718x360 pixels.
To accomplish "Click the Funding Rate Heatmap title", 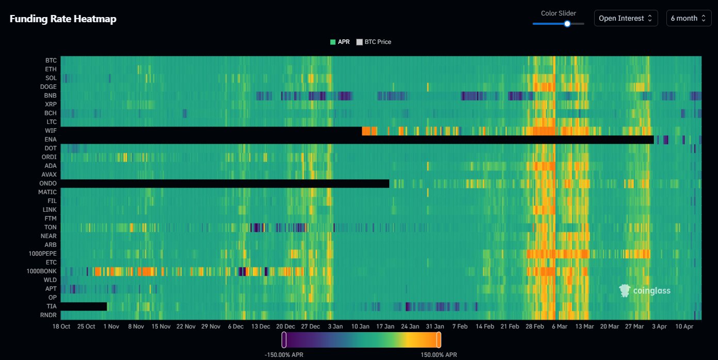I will coord(63,19).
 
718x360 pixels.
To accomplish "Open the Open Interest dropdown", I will coord(626,18).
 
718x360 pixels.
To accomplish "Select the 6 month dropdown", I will coord(689,18).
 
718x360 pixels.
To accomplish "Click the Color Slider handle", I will coord(567,23).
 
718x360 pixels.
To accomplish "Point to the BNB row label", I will coord(50,96).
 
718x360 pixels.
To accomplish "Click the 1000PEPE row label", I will coord(43,254).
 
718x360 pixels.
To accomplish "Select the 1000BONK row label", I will coord(42,271).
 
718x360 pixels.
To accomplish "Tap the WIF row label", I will coord(51,131).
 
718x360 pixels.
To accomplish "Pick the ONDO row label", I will coord(48,183).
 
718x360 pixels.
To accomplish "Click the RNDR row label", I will coord(49,315).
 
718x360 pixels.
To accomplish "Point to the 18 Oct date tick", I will coord(61,326).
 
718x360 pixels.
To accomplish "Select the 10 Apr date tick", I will coord(685,326).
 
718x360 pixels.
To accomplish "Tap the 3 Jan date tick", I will coord(335,326).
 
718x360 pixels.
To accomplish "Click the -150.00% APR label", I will coord(283,355).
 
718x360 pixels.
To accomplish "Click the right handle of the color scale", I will coord(439,340).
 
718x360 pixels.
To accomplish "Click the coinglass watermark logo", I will coord(645,291).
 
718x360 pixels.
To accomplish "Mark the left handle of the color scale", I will coord(284,340).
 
